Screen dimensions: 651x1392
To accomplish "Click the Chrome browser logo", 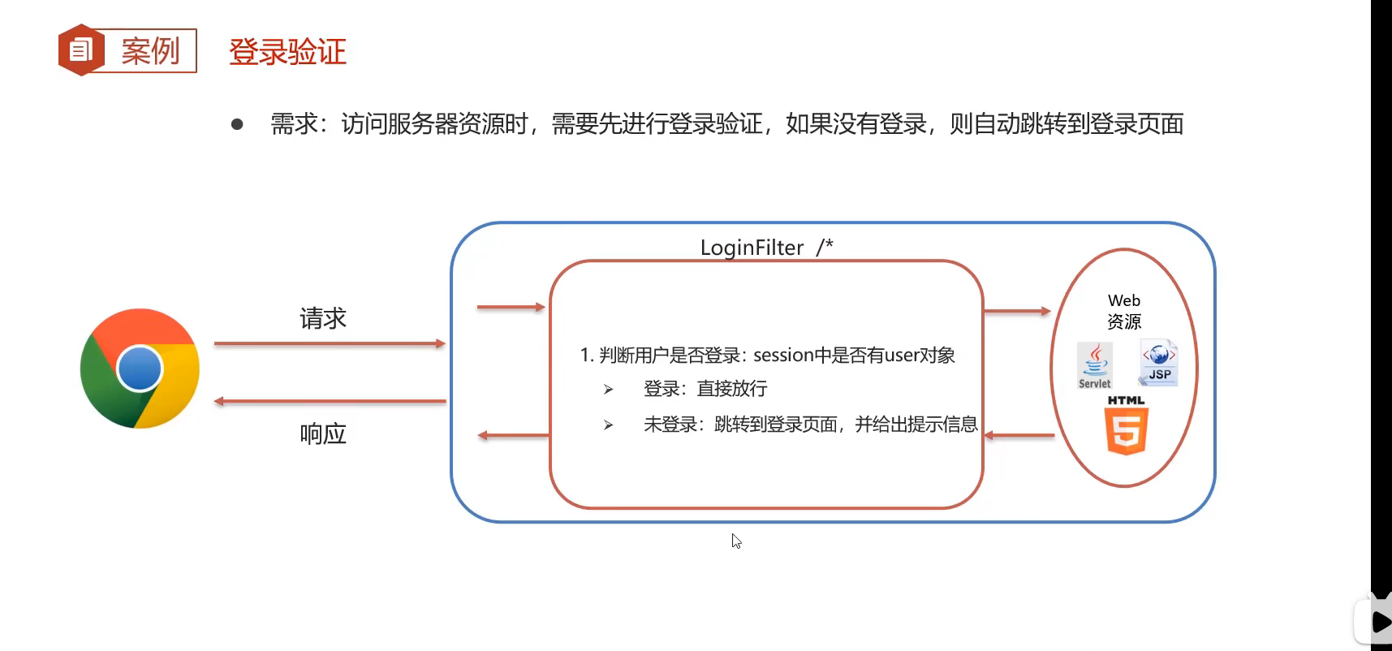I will coord(140,368).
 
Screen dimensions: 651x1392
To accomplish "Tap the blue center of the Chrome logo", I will coord(140,369).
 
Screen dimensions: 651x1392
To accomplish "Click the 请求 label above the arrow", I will coord(323,318).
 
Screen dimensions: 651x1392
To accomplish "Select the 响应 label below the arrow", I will coord(323,434).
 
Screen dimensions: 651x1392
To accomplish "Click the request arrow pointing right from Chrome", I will coord(330,343).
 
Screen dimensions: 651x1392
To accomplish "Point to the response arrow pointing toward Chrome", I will coord(330,401).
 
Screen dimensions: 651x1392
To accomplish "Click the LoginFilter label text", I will coord(752,248).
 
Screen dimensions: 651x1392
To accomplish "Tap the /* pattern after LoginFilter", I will coord(825,247).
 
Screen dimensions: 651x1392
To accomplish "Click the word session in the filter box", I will coord(783,356).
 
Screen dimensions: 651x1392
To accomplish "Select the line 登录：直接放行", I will coord(705,389).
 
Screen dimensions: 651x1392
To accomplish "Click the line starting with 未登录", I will coord(810,425).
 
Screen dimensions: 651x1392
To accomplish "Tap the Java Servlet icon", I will coord(1094,365).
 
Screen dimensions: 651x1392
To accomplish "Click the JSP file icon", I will coord(1158,362).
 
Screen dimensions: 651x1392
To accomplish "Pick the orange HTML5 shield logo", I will coord(1126,429).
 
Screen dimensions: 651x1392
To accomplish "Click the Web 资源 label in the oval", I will coord(1124,311).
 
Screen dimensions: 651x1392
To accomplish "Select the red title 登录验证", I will coord(287,52).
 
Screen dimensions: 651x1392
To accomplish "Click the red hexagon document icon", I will coord(80,50).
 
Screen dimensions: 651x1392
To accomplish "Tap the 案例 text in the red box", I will coord(150,51).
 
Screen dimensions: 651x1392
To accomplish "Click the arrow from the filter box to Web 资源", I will coord(1017,311).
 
